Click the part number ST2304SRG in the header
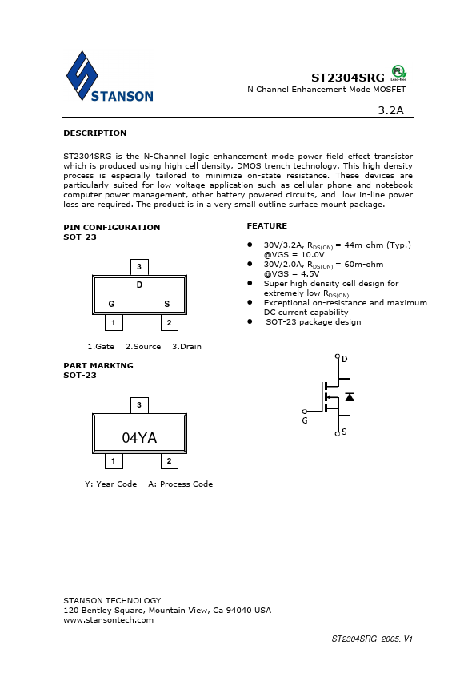pyautogui.click(x=348, y=77)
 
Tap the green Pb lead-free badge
pyautogui.click(x=398, y=72)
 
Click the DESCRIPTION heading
pyautogui.click(x=94, y=133)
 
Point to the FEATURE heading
pyautogui.click(x=266, y=226)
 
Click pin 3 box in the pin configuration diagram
pyautogui.click(x=139, y=267)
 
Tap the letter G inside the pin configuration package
pyautogui.click(x=111, y=304)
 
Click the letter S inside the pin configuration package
pyautogui.click(x=167, y=304)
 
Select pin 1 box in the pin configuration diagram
pyautogui.click(x=114, y=323)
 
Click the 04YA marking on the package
pyautogui.click(x=139, y=437)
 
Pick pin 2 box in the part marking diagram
pyautogui.click(x=169, y=461)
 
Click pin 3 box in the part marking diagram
pyautogui.click(x=139, y=405)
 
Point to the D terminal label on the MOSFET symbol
pyautogui.click(x=345, y=359)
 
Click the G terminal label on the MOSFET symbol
pyautogui.click(x=305, y=420)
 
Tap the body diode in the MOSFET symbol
pyautogui.click(x=350, y=396)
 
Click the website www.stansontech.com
pyautogui.click(x=108, y=620)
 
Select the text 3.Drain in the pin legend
pyautogui.click(x=186, y=346)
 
